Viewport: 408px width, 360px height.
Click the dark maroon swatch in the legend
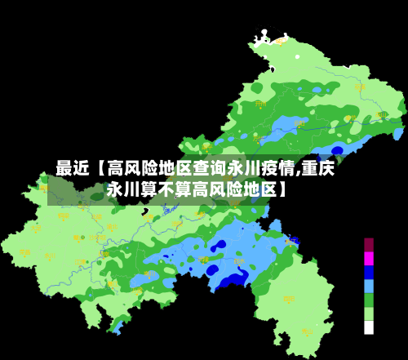[x=369, y=244]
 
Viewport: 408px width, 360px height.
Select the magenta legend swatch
[x=369, y=258]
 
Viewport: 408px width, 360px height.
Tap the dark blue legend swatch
[x=369, y=272]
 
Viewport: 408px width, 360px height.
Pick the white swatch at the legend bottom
[x=369, y=327]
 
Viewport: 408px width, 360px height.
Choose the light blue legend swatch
[x=369, y=286]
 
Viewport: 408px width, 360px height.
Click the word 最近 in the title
[x=72, y=169]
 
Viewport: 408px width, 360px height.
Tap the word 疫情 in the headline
[x=277, y=169]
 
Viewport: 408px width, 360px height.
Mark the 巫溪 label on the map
[x=360, y=87]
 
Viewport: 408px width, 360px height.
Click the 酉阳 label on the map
[x=288, y=300]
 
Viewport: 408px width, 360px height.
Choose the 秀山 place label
[x=308, y=332]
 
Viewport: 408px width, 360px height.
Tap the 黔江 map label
[x=290, y=242]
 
